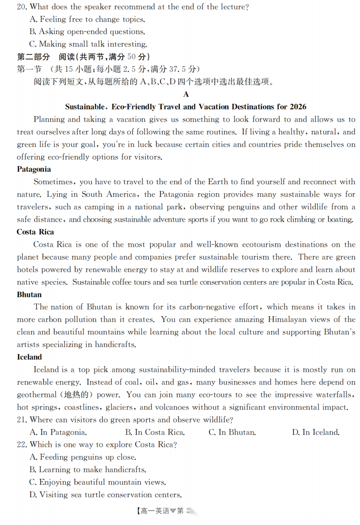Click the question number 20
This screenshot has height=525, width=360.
coord(22,7)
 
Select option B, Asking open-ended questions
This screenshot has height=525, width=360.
coord(87,32)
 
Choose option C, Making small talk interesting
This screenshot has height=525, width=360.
coord(88,44)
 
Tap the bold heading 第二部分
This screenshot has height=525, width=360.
coord(33,57)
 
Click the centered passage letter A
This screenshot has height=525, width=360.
coord(186,94)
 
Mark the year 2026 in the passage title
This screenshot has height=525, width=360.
coord(298,107)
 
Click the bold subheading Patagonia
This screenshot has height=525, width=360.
coord(34,169)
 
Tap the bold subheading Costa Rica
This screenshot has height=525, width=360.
coord(35,232)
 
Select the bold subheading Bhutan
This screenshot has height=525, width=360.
coord(29,295)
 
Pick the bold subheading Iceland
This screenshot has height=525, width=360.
coord(29,357)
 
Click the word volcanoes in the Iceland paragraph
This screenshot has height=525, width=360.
coord(176,407)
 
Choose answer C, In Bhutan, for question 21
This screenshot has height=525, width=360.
coord(232,432)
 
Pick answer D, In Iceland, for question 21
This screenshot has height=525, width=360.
coord(316,432)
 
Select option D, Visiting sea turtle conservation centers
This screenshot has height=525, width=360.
coord(105,495)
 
